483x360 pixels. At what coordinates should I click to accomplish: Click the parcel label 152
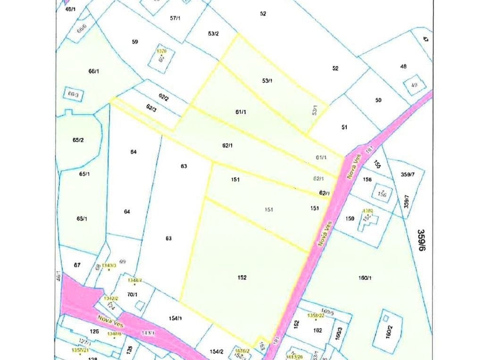tap(241, 278)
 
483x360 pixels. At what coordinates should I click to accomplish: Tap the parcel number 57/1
tap(175, 18)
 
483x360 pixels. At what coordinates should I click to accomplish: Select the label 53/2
tap(213, 33)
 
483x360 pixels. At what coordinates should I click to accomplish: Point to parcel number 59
tap(135, 42)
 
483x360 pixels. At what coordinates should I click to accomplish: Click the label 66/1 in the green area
tap(93, 71)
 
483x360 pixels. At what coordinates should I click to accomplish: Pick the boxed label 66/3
tap(73, 94)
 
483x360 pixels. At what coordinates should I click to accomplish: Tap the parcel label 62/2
tap(164, 97)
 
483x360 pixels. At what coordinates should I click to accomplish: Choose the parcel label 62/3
tap(151, 108)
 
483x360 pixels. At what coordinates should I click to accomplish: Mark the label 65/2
tap(78, 140)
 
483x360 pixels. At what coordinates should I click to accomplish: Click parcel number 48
tap(403, 67)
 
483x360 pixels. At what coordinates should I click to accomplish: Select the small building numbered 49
tap(415, 85)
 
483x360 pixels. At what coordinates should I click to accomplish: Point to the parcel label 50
tap(378, 100)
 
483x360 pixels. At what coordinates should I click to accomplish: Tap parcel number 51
tap(344, 127)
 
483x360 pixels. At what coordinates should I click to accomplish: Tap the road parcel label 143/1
tap(148, 333)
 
